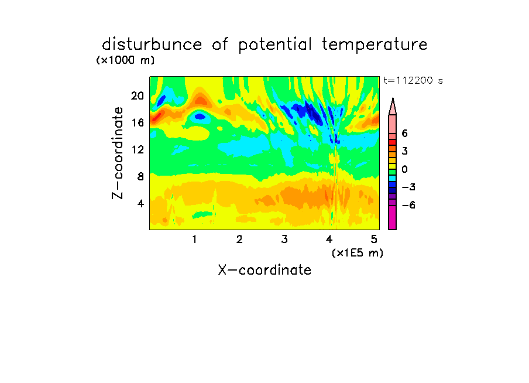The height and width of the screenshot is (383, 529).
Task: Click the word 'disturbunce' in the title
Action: coord(152,45)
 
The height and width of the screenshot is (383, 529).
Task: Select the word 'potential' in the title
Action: coord(275,45)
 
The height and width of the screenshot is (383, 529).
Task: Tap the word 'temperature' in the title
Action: coord(375,45)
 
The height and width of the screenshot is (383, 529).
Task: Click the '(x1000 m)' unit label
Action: coord(125,60)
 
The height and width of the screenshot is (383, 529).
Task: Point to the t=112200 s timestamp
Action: coord(413,81)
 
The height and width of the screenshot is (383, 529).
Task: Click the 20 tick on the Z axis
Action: coord(138,96)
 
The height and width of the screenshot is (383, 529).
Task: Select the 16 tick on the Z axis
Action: coord(138,122)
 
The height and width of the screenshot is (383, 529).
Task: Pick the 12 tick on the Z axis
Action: coord(138,149)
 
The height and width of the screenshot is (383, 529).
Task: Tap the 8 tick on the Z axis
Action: coord(140,176)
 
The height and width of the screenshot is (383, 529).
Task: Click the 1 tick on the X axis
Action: coord(194,240)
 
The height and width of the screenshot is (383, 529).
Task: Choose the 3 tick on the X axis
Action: coord(284,240)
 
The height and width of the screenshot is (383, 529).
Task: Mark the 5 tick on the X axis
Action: coord(374,240)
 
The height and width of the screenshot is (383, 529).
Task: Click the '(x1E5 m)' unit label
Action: coord(358,253)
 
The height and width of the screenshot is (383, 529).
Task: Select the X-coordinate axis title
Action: coord(264,270)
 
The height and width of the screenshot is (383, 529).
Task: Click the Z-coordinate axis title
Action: coord(118,153)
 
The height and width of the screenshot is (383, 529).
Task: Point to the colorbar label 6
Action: coord(405,134)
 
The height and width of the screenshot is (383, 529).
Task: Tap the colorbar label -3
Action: coord(408,187)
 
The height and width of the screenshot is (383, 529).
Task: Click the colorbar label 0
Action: coord(405,169)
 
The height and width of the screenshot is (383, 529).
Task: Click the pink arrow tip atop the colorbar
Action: coord(393,98)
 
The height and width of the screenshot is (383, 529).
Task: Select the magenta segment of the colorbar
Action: coord(393,218)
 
